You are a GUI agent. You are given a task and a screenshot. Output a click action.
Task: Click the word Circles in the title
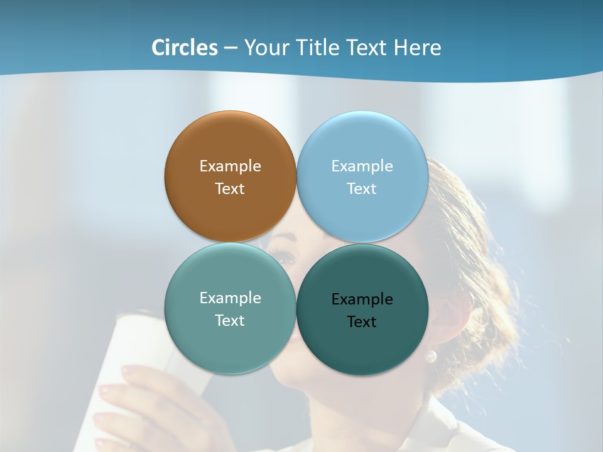tap(185, 47)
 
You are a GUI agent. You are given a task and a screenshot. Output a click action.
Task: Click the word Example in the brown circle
tap(231, 166)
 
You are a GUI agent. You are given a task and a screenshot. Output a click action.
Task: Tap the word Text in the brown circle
tap(231, 188)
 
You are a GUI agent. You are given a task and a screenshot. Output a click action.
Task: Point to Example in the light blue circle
tap(362, 166)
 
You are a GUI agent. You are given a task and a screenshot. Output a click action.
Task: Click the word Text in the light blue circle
tap(362, 188)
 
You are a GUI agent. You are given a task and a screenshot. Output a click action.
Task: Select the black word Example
tap(362, 299)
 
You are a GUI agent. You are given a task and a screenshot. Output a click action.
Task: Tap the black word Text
tap(362, 321)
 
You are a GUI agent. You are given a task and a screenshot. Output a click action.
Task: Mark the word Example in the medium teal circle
tap(231, 298)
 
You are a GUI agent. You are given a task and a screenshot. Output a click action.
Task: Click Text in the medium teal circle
tap(231, 320)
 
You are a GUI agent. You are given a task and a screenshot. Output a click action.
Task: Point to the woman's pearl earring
tap(431, 357)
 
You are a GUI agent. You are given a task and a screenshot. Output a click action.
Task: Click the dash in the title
tap(231, 48)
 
